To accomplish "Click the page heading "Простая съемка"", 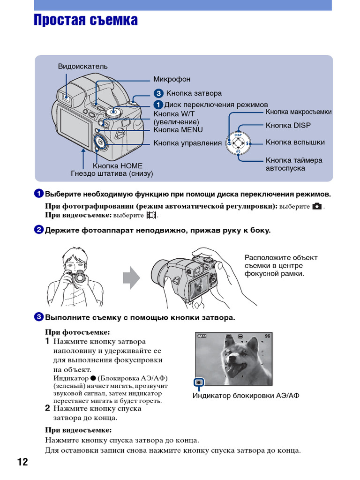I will click(86, 21).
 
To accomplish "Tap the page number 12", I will click(22, 462).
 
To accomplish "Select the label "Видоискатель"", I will click(82, 66).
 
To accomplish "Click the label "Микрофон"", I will click(172, 79).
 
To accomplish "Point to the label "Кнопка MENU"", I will click(178, 130).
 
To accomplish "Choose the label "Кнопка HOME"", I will click(117, 165).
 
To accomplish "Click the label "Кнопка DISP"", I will click(288, 125).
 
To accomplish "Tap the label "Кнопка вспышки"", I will click(295, 142).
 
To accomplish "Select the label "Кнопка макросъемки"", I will click(299, 112).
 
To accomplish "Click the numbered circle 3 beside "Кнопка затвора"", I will click(159, 93).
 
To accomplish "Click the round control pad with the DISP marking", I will click(238, 142).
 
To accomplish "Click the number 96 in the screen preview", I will click(267, 336).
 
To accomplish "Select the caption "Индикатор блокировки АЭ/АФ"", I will click(246, 396).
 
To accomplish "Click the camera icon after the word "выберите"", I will click(317, 206).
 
